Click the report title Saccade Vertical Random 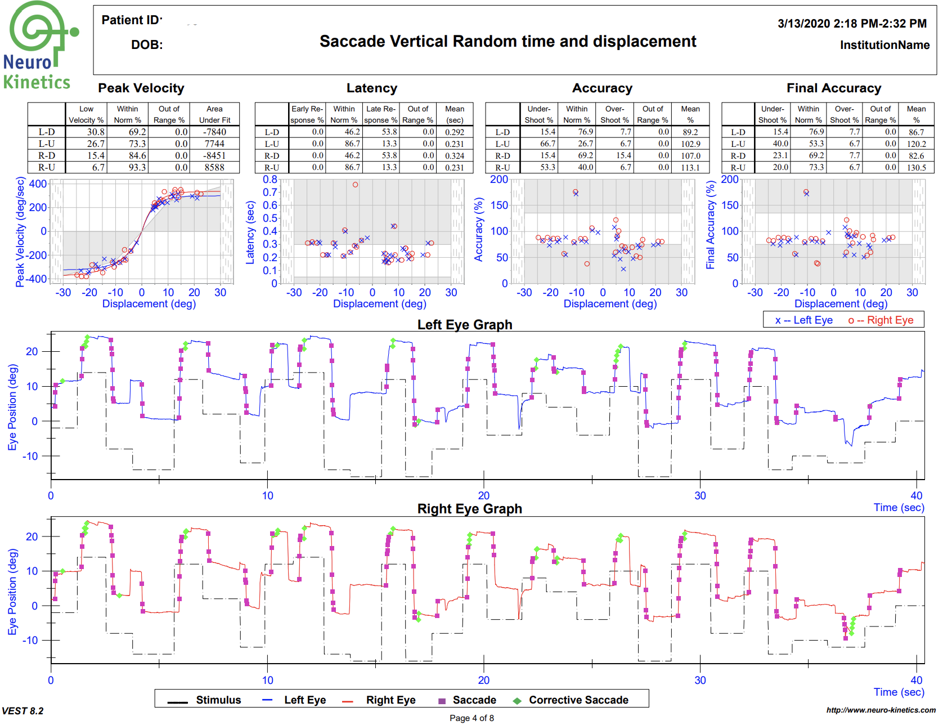click(x=508, y=42)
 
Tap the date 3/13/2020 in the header click(x=803, y=24)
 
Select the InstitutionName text click(x=884, y=45)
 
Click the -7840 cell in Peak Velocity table click(x=214, y=132)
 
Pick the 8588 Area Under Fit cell click(x=214, y=167)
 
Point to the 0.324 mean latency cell click(x=454, y=155)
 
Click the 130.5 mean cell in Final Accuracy click(x=915, y=167)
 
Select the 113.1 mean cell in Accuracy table click(x=690, y=167)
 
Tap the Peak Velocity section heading click(x=141, y=88)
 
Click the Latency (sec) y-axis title click(x=250, y=232)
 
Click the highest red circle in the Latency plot click(x=355, y=185)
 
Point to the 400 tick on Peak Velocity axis click(x=38, y=184)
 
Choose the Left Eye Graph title click(x=464, y=325)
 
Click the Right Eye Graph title click(x=469, y=509)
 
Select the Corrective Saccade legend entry click(x=578, y=700)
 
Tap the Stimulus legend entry click(x=218, y=700)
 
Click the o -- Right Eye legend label click(x=881, y=320)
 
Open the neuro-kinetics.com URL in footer click(x=881, y=710)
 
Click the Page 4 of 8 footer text click(x=472, y=718)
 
